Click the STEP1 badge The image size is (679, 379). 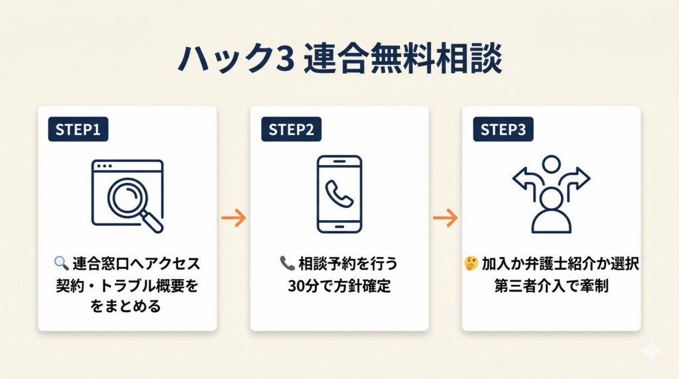pyautogui.click(x=78, y=130)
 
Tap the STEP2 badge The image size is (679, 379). pyautogui.click(x=290, y=130)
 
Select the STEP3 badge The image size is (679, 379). pyautogui.click(x=503, y=130)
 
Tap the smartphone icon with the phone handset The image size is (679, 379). pyautogui.click(x=339, y=193)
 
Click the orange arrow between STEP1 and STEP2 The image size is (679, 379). pyautogui.click(x=233, y=217)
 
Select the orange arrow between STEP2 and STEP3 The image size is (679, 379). pyautogui.click(x=446, y=217)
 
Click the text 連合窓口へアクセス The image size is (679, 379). pyautogui.click(x=135, y=264)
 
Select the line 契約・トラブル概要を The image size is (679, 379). pyautogui.click(x=127, y=286)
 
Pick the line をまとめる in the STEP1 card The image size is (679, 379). pyautogui.click(x=127, y=308)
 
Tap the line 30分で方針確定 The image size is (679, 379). pyautogui.click(x=339, y=286)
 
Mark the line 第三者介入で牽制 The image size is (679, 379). pyautogui.click(x=552, y=286)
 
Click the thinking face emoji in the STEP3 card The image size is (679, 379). pyautogui.click(x=471, y=264)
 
